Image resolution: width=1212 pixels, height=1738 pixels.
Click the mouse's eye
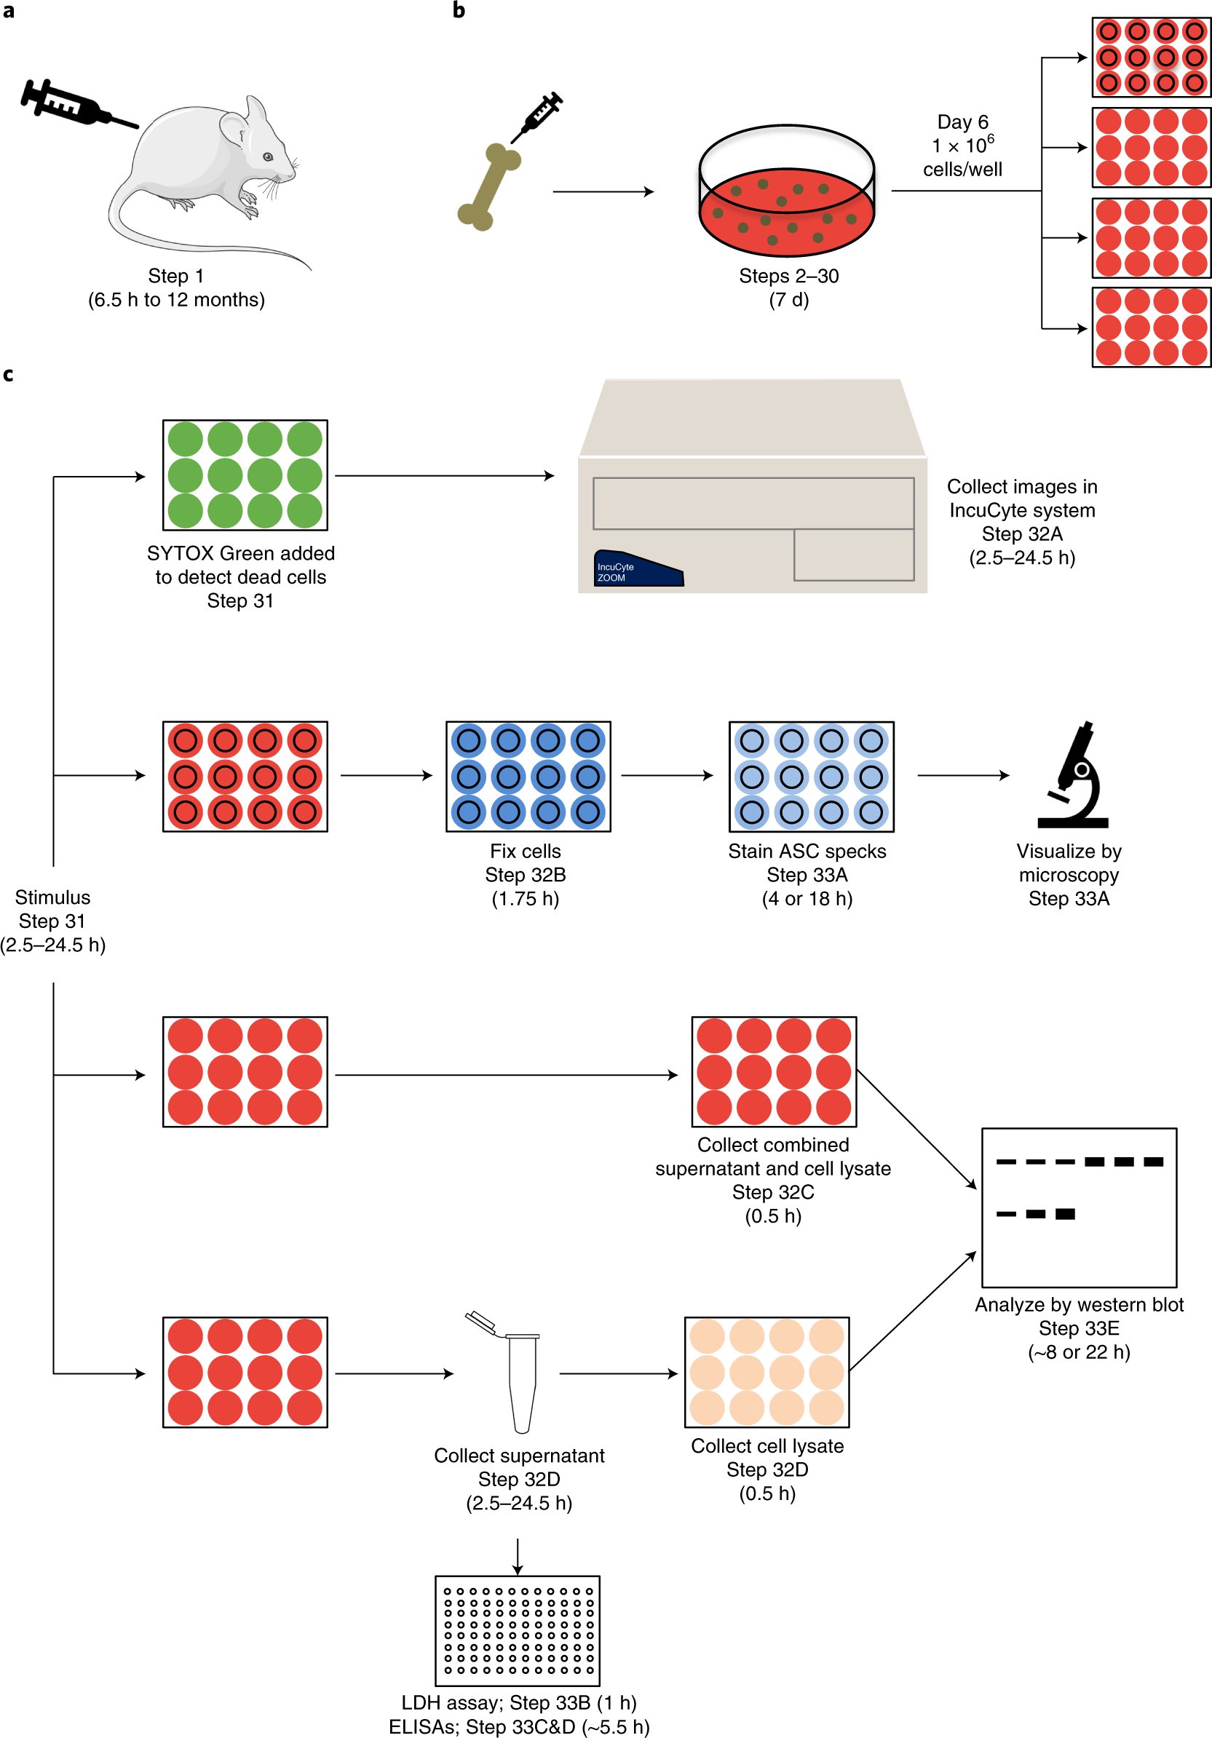pos(267,156)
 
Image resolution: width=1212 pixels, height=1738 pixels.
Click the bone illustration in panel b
pos(488,187)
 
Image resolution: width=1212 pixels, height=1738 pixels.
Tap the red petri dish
pos(787,205)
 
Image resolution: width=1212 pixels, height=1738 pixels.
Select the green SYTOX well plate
pos(245,475)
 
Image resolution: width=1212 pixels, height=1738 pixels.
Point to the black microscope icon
pos(1073,775)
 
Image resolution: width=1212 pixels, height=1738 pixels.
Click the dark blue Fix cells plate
pos(528,776)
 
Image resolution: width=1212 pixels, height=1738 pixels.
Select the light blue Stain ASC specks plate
pos(811,776)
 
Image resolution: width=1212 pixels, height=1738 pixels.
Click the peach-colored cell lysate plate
pos(766,1371)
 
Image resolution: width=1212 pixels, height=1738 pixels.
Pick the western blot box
pos(1078,1207)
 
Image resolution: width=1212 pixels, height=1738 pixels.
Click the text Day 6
pos(962,122)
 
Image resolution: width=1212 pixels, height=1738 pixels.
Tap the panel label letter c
pos(7,374)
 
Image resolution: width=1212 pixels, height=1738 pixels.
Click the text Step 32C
pos(772,1192)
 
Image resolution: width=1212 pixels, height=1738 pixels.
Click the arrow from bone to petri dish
pos(603,191)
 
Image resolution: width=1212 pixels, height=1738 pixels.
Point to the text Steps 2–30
pos(788,276)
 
